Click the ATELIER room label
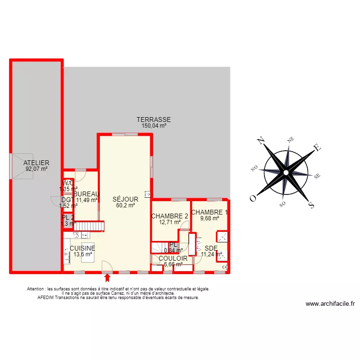tap(36, 163)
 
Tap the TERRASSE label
tap(154, 120)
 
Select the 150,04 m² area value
tap(154, 126)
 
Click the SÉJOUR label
tap(125, 199)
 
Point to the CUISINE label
tap(82, 248)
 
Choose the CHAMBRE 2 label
tap(169, 216)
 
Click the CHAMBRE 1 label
tap(210, 212)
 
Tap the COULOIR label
tap(173, 258)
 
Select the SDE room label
tap(211, 248)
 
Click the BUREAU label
tap(88, 194)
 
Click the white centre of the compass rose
tap(286, 172)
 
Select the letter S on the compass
tap(311, 205)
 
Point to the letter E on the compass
tap(317, 147)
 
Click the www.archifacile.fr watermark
tap(330, 304)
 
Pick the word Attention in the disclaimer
tap(38, 289)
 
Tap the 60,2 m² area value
tap(125, 205)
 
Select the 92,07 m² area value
tap(36, 169)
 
